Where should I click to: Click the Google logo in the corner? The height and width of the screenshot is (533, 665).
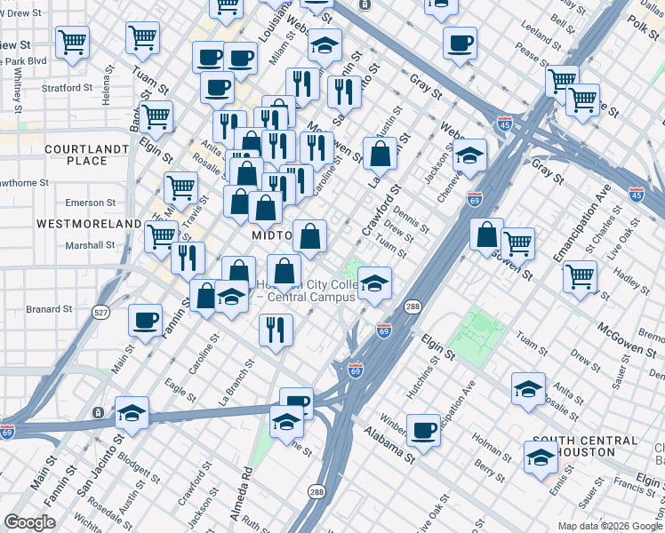pos(30,522)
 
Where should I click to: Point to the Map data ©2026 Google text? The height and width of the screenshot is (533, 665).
pos(610,526)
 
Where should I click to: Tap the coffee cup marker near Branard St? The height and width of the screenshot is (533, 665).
pos(145,321)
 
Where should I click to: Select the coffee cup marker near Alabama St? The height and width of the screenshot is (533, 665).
pos(424,430)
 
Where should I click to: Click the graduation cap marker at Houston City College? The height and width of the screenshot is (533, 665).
pos(375,283)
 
